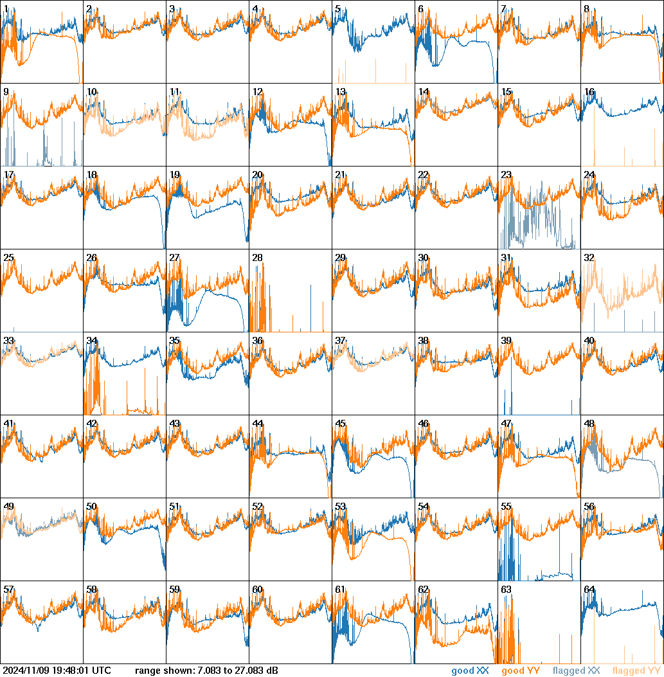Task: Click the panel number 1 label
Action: [x=6, y=9]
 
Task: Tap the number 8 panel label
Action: [x=586, y=9]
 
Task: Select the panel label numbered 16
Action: [x=589, y=92]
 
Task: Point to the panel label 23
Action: [x=506, y=175]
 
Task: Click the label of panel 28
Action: [x=257, y=258]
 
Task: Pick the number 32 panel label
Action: [x=589, y=258]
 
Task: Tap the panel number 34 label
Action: [x=91, y=341]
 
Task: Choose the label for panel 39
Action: [x=506, y=341]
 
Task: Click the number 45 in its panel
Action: [x=340, y=424]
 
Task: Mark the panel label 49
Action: [x=8, y=507]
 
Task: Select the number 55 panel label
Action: [x=506, y=507]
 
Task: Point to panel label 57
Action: [x=8, y=590]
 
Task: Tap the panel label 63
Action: [x=506, y=590]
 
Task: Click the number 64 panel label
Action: [x=589, y=590]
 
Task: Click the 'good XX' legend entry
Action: [x=470, y=671]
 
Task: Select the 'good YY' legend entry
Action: [x=521, y=671]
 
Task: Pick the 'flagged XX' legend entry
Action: [x=576, y=671]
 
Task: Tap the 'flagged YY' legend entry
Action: [x=636, y=671]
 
